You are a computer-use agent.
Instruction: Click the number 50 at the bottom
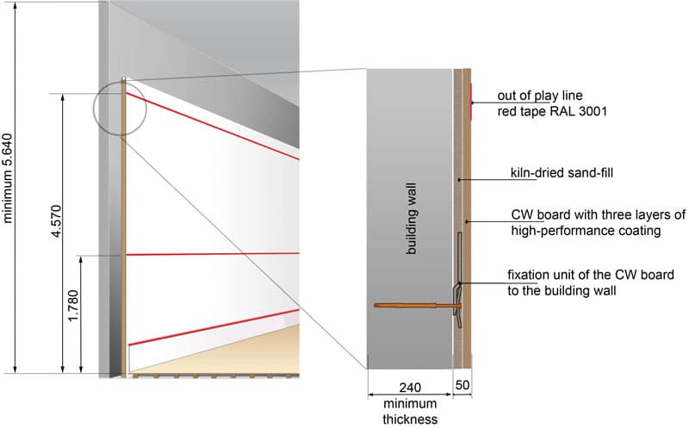tap(462, 387)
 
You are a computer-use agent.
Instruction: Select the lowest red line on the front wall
tap(215, 326)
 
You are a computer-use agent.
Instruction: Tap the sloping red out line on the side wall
tap(215, 127)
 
